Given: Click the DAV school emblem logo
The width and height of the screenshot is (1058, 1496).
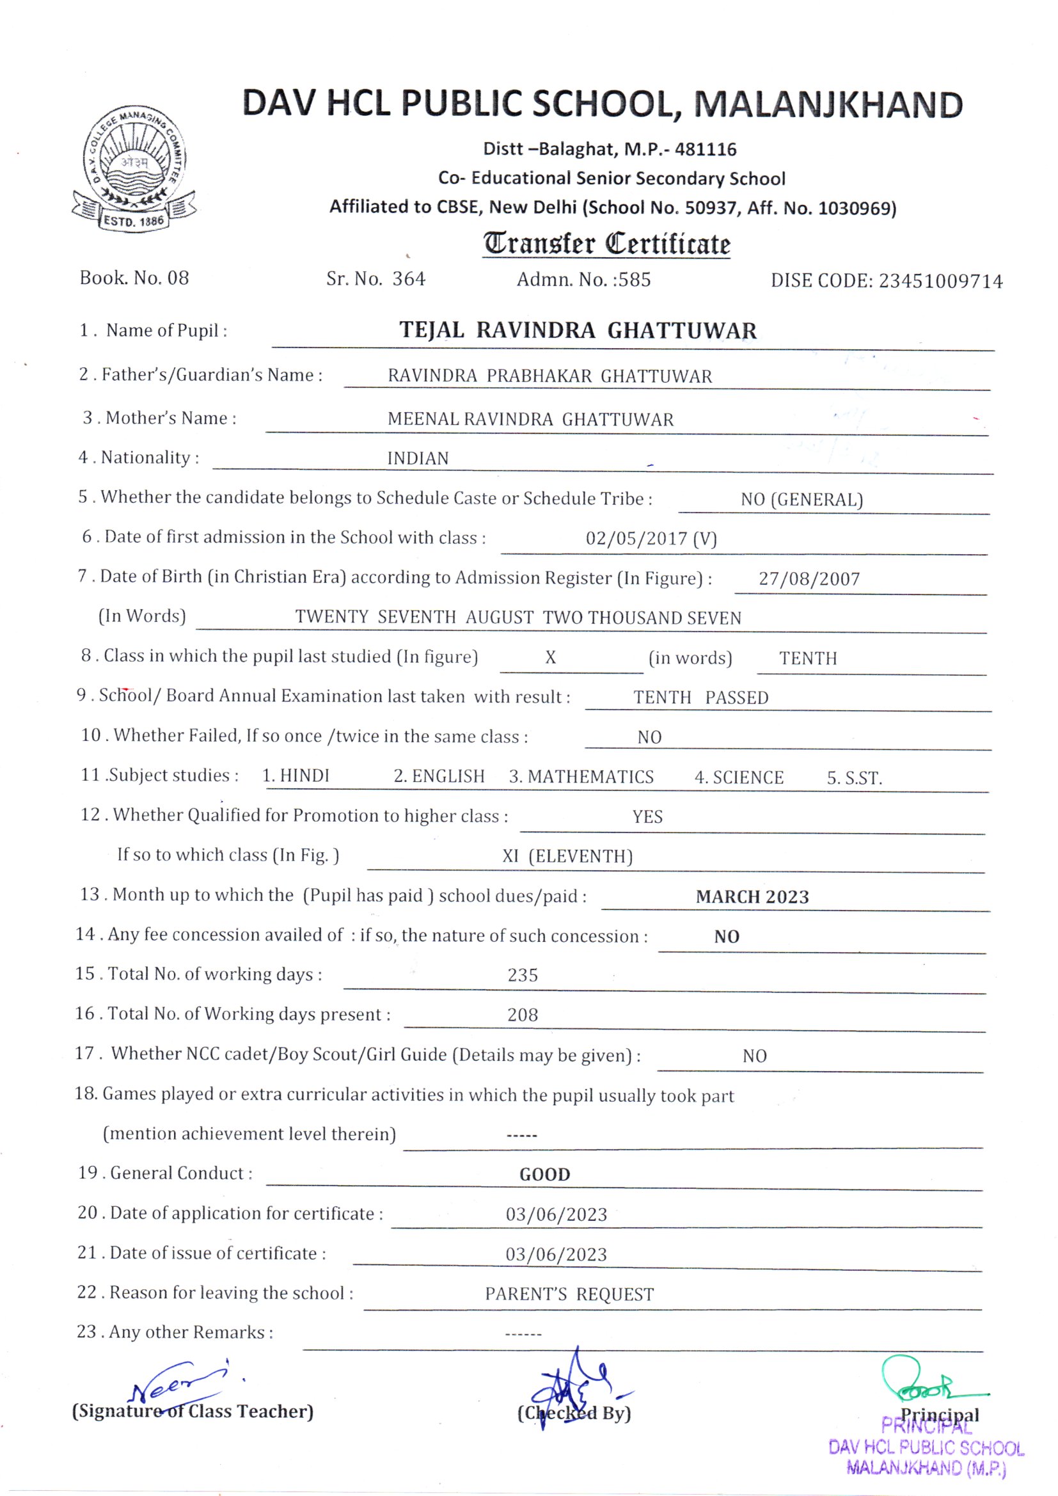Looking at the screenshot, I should pos(134,168).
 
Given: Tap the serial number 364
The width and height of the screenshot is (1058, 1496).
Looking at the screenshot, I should pos(409,279).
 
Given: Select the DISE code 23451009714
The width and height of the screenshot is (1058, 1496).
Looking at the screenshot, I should pos(940,281).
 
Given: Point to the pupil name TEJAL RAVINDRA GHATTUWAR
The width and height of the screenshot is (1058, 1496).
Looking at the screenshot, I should pos(578,330).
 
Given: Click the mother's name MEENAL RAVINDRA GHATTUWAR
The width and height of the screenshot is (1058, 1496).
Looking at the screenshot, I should pos(530,419).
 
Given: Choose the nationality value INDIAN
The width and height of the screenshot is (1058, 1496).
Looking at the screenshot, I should pos(418,458).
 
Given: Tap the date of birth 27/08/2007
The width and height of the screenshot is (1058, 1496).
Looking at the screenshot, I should pos(809,578).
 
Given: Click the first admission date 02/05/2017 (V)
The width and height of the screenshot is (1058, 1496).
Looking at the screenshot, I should pos(651,538).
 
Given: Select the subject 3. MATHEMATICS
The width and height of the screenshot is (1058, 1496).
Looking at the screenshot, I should pos(581,777).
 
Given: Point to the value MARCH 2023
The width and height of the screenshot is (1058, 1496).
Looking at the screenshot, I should pos(752,896).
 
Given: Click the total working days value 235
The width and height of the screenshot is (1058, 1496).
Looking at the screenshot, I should pos(523,975).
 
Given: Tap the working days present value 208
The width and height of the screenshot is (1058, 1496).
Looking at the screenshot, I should pos(523,1014).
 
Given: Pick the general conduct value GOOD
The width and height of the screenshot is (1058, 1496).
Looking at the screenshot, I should pos(544,1174).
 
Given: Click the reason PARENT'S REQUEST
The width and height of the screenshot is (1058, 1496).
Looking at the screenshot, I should pos(569,1294).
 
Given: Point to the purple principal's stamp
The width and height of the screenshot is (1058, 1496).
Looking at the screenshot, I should pos(926,1448).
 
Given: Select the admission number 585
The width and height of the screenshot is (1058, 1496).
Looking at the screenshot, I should pos(635,280).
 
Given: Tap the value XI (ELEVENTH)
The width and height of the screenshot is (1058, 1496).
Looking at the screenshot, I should pos(567,856).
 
